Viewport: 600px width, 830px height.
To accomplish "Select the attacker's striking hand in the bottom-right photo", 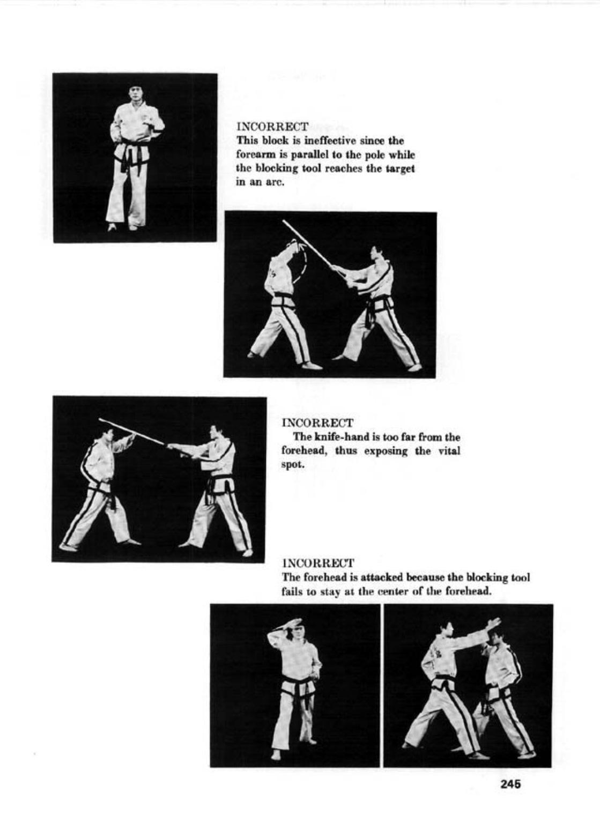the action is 493,624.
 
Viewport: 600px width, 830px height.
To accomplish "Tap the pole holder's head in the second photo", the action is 376,254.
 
